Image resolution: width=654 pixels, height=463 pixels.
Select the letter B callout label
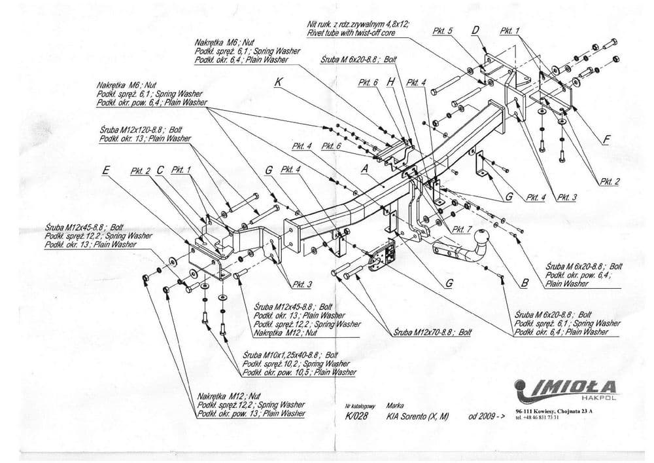click(524, 284)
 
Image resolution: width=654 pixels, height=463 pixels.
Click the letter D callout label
click(475, 30)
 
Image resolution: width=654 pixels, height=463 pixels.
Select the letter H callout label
click(391, 82)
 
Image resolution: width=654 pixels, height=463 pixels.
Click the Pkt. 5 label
click(443, 31)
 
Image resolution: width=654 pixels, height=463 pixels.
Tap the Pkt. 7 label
click(461, 229)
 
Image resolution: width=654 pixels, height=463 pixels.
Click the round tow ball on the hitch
click(484, 237)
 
